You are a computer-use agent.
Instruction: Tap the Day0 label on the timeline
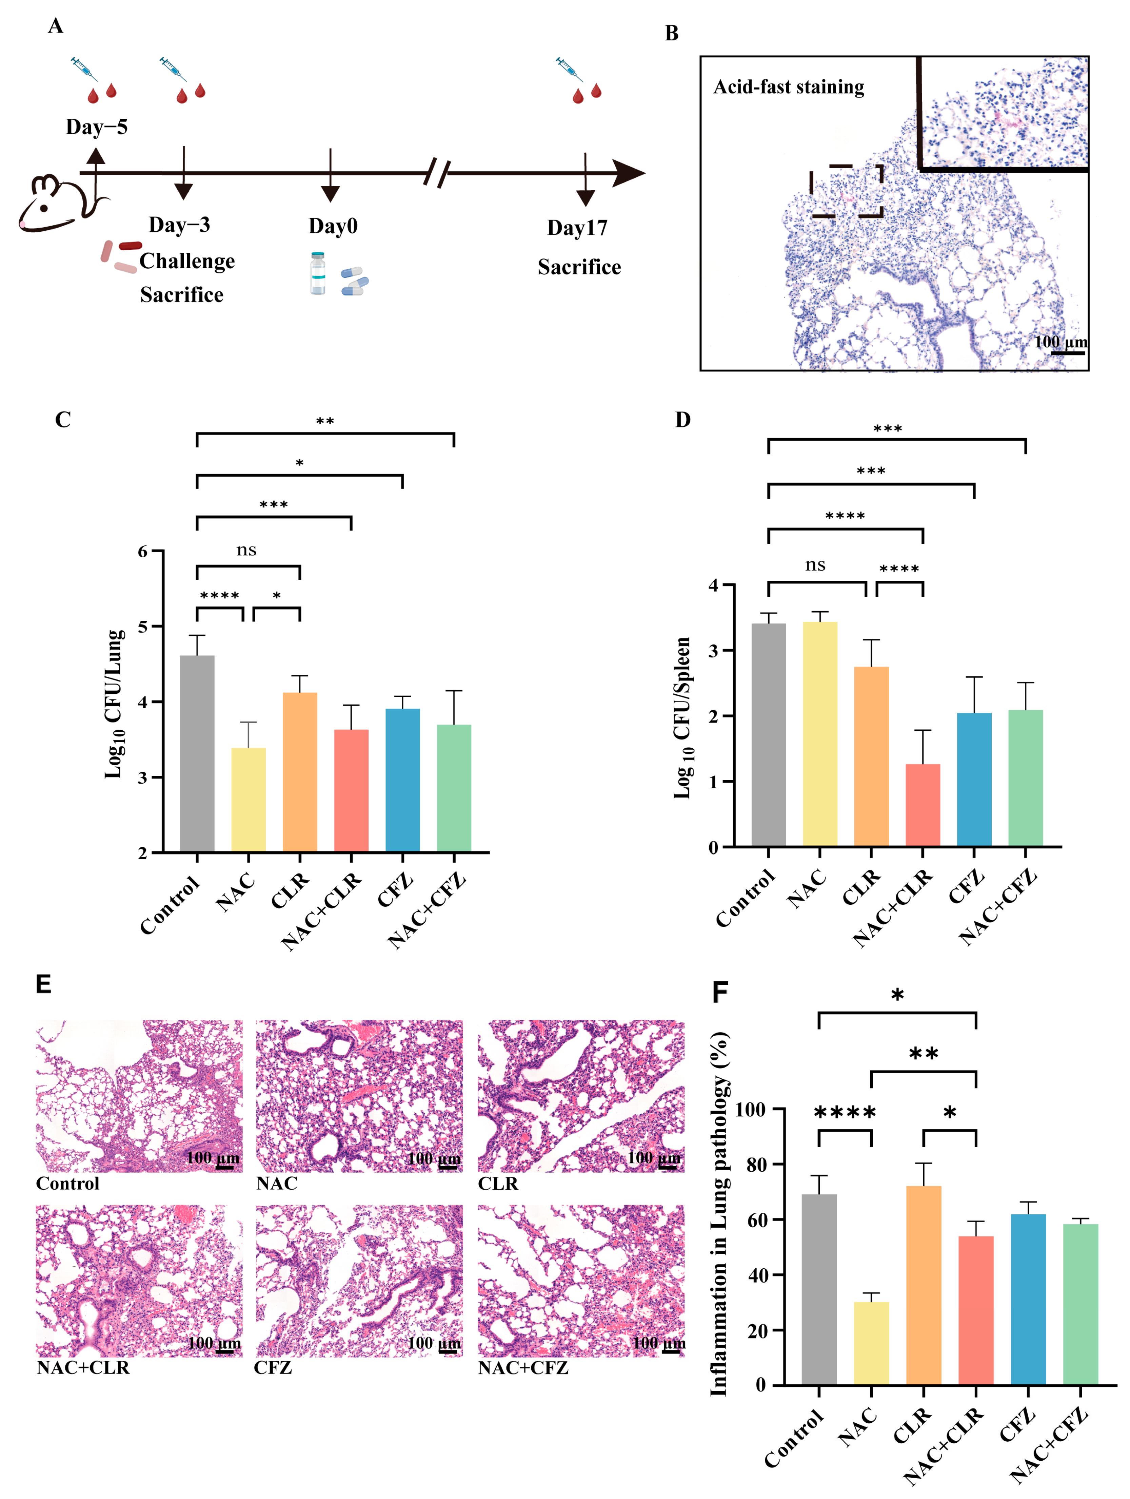coord(333,226)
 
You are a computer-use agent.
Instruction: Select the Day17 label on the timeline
coord(577,228)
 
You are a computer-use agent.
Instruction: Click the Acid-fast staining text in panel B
coord(789,87)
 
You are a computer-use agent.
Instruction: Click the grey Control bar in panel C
coord(197,752)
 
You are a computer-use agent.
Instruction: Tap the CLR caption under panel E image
coord(498,1183)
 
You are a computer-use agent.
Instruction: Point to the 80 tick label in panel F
coord(756,1164)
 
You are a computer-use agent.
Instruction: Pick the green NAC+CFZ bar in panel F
coord(1080,1305)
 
